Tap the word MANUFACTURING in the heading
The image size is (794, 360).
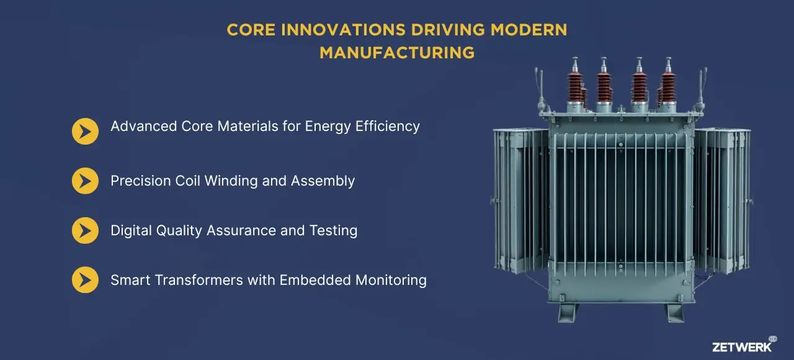pyautogui.click(x=397, y=53)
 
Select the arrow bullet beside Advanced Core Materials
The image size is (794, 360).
pyautogui.click(x=85, y=132)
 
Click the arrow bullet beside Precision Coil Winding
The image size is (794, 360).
pyautogui.click(x=85, y=181)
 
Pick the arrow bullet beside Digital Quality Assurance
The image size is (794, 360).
pyautogui.click(x=85, y=231)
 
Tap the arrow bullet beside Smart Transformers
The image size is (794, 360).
pyautogui.click(x=85, y=280)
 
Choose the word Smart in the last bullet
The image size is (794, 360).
pyautogui.click(x=131, y=280)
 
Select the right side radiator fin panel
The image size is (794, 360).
pyautogui.click(x=722, y=199)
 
